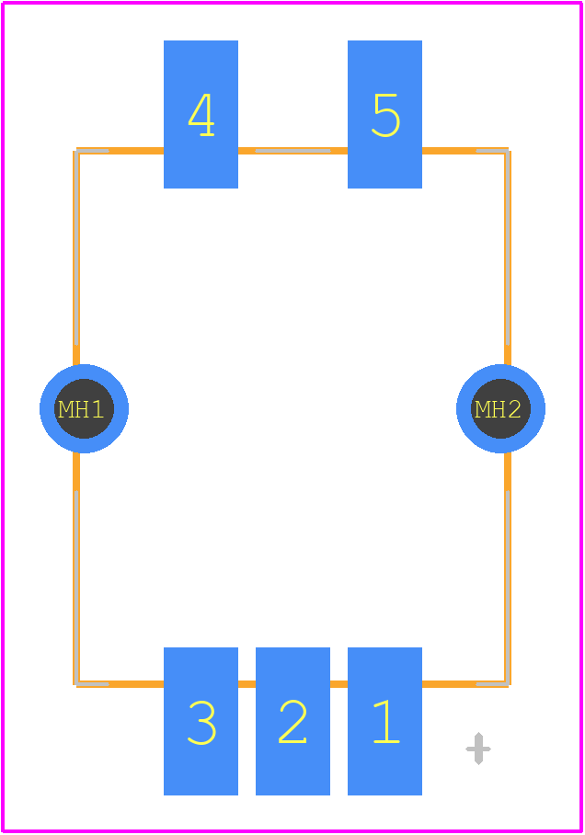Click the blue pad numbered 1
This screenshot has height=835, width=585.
point(384,721)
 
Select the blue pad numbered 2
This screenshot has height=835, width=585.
point(293,721)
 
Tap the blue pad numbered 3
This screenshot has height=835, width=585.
point(201,721)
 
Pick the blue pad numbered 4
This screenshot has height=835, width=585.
point(201,115)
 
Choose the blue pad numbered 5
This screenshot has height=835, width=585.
point(384,115)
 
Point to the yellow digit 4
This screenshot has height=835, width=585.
point(201,115)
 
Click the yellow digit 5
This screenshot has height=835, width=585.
point(385,116)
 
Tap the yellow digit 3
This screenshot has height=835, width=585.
point(202,722)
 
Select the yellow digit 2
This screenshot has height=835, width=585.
point(293,722)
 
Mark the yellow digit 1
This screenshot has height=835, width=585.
point(387,722)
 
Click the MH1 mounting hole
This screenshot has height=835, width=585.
point(85,408)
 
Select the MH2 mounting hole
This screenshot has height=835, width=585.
point(500,408)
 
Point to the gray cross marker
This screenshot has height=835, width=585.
point(478,749)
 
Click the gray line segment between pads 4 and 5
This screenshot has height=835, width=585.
point(293,151)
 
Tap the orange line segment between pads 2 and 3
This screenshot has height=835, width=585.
point(247,684)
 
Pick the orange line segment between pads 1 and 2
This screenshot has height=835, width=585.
point(338,684)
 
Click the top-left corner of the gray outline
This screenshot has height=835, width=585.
point(76,151)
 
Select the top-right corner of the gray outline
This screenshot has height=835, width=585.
point(507,151)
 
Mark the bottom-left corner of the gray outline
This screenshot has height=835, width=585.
point(76,683)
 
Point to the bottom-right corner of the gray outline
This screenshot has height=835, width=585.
point(507,683)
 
